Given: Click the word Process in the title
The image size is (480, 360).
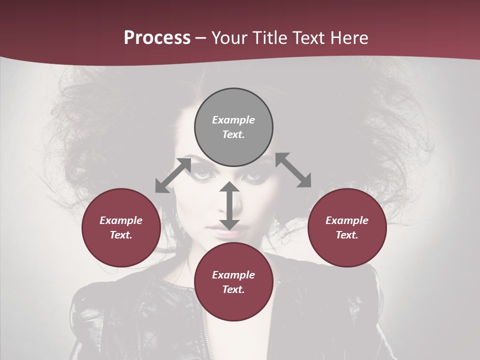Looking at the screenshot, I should [x=157, y=38].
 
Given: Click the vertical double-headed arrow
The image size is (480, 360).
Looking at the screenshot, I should [x=229, y=205].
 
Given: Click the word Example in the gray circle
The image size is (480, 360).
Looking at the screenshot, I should [x=233, y=120].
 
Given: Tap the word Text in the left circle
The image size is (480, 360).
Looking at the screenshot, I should [x=121, y=235].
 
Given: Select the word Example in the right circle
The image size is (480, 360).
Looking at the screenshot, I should [x=347, y=220].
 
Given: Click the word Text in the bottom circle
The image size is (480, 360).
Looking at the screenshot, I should [x=233, y=289].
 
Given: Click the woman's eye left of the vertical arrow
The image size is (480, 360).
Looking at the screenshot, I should [x=203, y=174].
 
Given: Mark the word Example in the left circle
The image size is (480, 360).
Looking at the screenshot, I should [x=121, y=220].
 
